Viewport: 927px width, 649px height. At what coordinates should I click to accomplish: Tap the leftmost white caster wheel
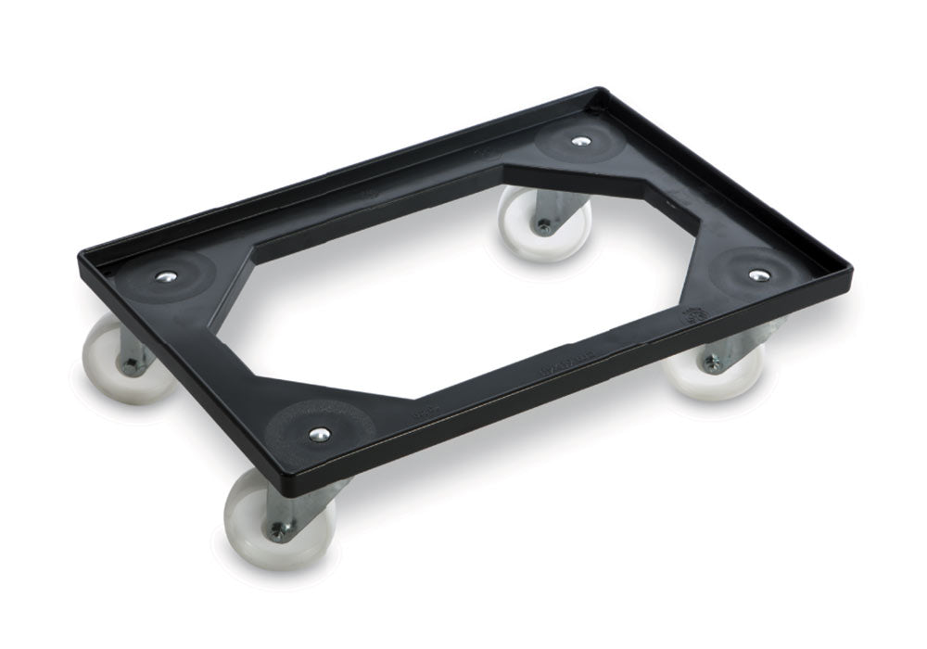[116, 362]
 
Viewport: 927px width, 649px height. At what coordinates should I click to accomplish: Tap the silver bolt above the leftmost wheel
[167, 276]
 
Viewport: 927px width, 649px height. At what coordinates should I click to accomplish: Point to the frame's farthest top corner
[593, 90]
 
